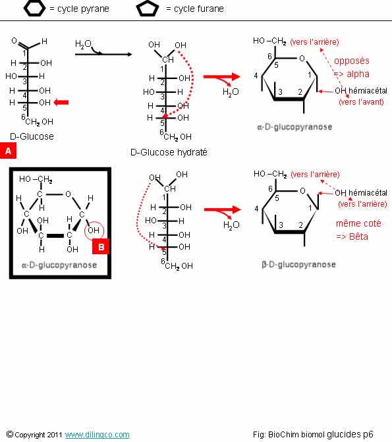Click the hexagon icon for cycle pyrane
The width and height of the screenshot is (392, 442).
[x=34, y=9]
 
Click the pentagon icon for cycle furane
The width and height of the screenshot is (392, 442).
[x=147, y=9]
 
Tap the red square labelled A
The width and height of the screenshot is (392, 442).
[x=8, y=151]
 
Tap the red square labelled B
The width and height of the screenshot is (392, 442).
[x=101, y=246]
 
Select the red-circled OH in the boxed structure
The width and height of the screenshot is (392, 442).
[x=94, y=231]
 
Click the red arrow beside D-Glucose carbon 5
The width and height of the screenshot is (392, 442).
[x=61, y=102]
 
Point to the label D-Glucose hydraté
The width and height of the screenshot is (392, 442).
[x=169, y=152]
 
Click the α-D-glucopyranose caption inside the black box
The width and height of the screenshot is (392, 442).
[x=59, y=265]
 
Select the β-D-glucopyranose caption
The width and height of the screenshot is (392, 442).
[x=298, y=264]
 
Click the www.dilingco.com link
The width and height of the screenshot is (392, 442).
[x=98, y=434]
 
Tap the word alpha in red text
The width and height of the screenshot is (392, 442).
[x=358, y=74]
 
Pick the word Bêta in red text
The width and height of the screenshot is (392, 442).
[x=358, y=236]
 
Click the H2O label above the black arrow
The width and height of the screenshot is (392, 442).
[x=83, y=44]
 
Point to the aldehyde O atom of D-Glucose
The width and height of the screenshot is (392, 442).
[x=14, y=41]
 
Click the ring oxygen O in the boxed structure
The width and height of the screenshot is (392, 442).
[x=68, y=194]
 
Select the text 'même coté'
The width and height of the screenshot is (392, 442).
[x=358, y=223]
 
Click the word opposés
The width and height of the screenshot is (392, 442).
[x=352, y=61]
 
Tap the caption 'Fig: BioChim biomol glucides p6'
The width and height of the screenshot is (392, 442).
[x=313, y=434]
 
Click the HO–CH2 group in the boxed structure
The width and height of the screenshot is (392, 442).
[x=36, y=179]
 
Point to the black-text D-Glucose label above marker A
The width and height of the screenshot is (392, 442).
[x=32, y=136]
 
